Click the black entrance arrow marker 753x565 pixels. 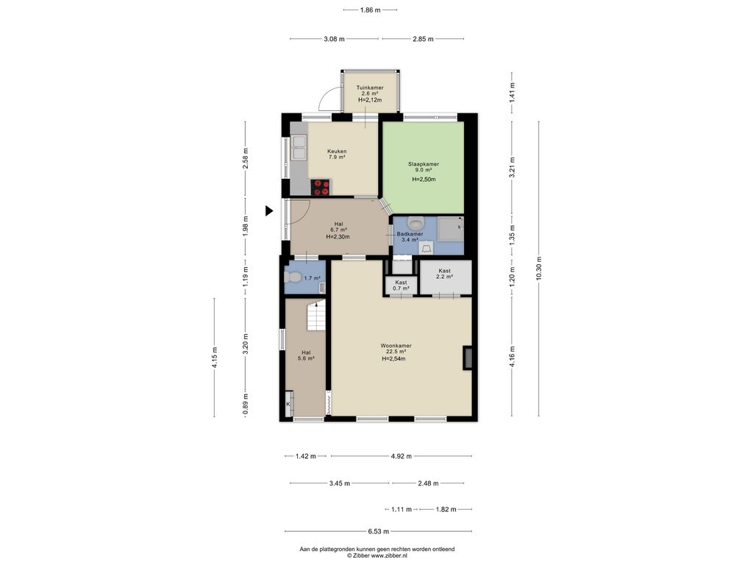click(269, 210)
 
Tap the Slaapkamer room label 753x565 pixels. click(423, 164)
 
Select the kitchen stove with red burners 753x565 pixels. click(321, 187)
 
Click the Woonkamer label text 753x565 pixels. click(396, 346)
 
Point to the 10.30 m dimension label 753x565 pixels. click(538, 269)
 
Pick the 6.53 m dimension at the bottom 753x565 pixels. click(379, 531)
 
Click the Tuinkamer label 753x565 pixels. click(370, 88)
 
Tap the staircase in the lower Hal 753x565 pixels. click(316, 315)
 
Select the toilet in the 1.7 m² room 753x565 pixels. click(293, 277)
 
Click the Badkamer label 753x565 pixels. click(410, 234)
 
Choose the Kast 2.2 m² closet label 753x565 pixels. click(445, 274)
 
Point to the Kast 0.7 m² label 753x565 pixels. click(401, 285)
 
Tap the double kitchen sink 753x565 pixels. click(299, 147)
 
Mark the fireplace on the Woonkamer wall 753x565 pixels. click(468, 358)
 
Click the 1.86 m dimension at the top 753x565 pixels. click(371, 10)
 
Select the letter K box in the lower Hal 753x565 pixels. click(289, 404)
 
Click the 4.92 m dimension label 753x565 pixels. click(401, 456)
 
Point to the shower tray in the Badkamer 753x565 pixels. click(452, 228)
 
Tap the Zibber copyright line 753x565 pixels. click(377, 555)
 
